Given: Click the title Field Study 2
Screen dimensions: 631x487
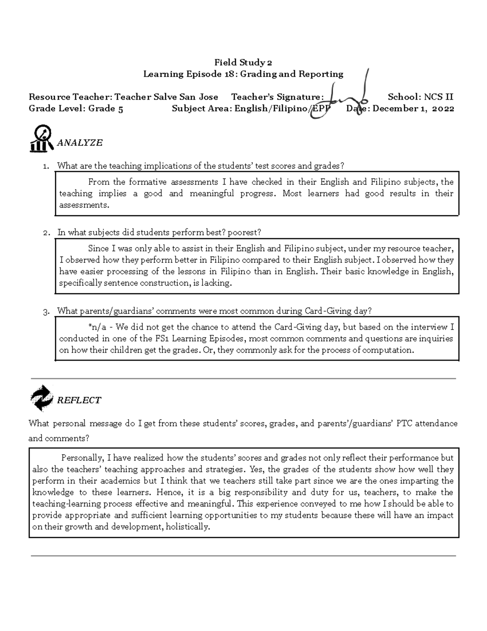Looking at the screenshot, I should click(243, 63).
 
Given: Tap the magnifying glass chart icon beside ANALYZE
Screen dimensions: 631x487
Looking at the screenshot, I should click(41, 139).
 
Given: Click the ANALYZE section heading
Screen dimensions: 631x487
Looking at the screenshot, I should click(80, 143).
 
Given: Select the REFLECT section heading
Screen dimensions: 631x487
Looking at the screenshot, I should click(79, 400).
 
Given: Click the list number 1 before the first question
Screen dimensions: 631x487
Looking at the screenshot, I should click(47, 166).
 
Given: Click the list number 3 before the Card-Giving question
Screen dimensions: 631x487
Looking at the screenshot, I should click(47, 312).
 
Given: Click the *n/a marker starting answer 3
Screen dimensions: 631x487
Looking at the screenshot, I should click(94, 327).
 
